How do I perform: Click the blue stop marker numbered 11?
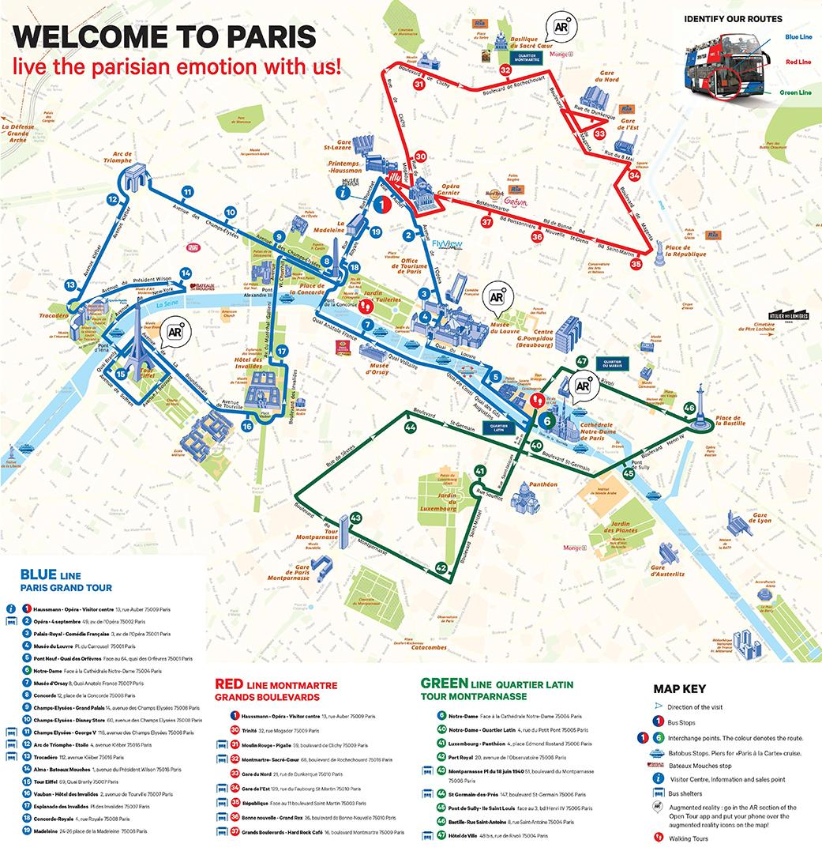tap(187, 192)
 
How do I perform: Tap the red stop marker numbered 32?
tap(505, 71)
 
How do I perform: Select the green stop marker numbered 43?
tap(355, 518)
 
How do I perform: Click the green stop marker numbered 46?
tap(689, 408)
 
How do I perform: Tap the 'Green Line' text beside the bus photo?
tap(794, 92)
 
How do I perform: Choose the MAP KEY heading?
tap(680, 689)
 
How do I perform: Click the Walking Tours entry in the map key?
tap(689, 838)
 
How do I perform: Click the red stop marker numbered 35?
tap(636, 264)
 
